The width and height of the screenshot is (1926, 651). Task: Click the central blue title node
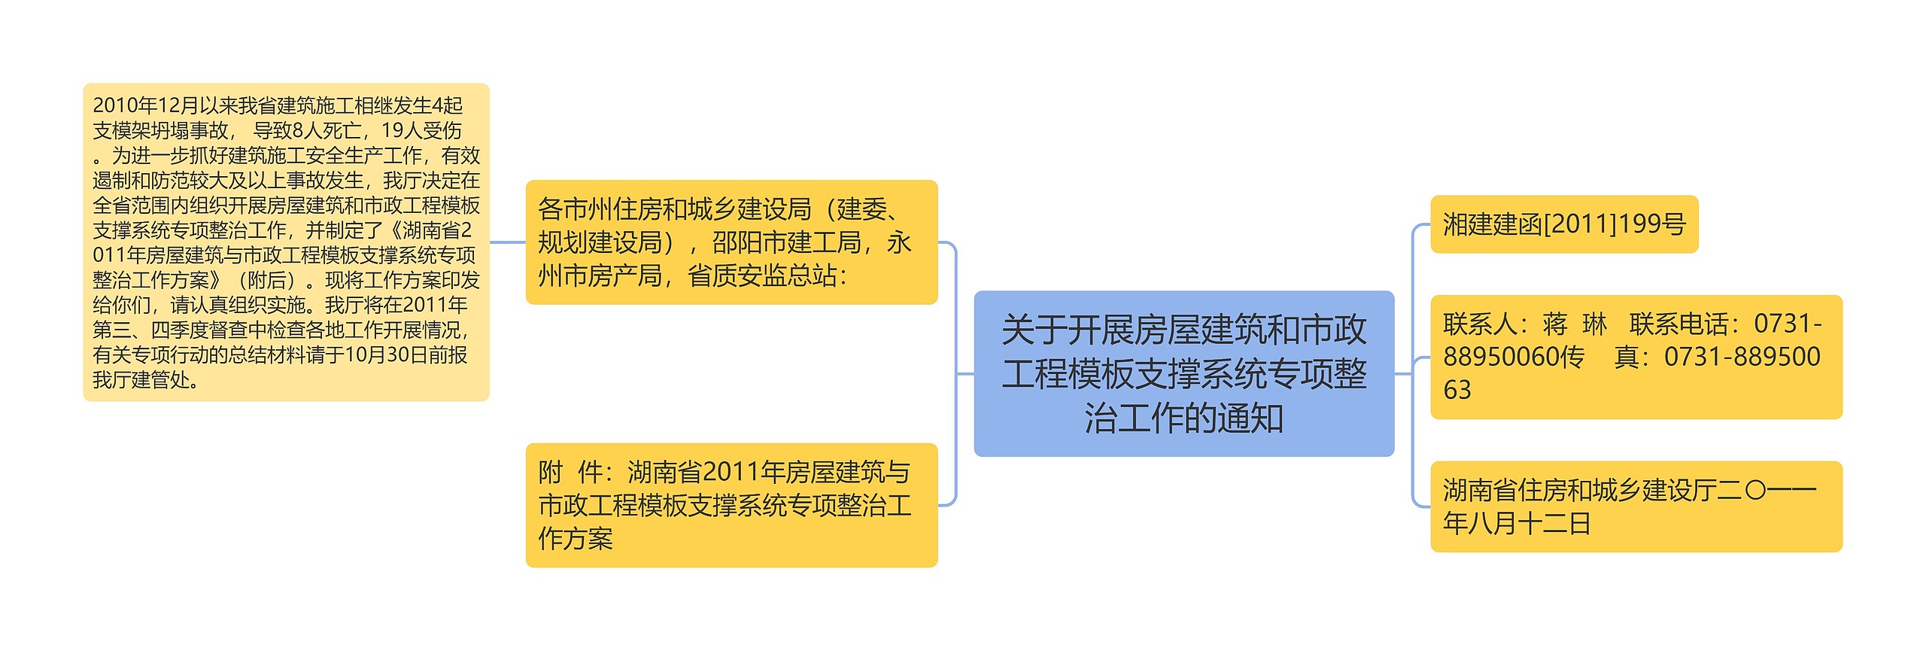point(1183,373)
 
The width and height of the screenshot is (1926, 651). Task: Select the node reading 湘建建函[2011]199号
point(1563,224)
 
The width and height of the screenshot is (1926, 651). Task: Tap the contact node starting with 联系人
point(1636,357)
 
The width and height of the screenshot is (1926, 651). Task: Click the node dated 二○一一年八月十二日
point(1636,507)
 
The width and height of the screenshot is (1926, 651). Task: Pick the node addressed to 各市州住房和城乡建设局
point(731,242)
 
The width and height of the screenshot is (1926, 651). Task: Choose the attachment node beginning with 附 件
point(731,505)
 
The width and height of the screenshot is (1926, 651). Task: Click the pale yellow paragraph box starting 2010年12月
point(286,242)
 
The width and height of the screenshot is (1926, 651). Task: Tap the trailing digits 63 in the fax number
point(1457,390)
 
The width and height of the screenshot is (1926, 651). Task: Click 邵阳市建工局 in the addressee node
point(786,242)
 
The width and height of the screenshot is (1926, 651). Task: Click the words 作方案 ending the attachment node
point(576,538)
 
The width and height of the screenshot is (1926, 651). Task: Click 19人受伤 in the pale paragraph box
point(421,130)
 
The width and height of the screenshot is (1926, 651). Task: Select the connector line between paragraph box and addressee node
point(507,242)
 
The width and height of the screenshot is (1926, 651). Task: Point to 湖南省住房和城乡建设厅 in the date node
point(1580,490)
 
